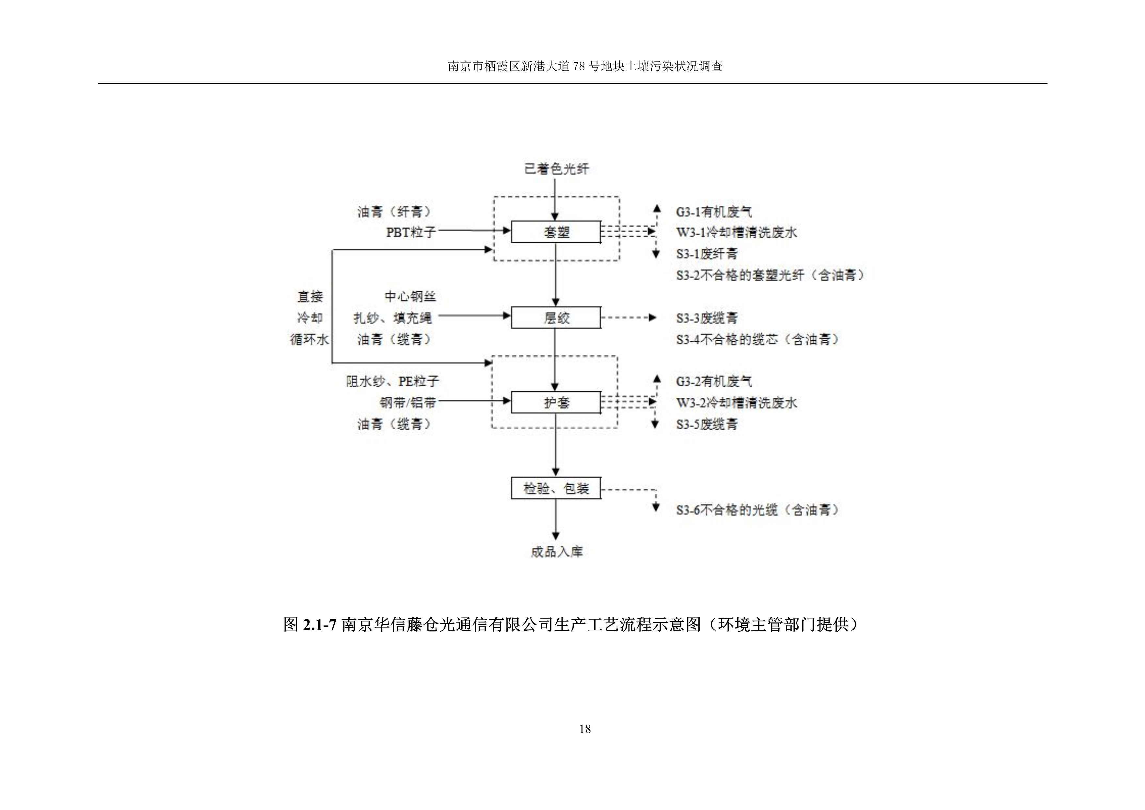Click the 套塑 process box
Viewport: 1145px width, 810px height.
click(x=556, y=232)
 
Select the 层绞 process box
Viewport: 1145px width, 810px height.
click(x=556, y=317)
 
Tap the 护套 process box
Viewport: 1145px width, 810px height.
click(x=556, y=402)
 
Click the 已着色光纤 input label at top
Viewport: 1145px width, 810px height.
click(x=556, y=169)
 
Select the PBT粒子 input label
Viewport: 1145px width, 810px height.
click(x=411, y=232)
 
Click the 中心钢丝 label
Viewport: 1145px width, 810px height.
click(x=410, y=296)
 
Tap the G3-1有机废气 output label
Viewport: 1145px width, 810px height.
click(x=714, y=212)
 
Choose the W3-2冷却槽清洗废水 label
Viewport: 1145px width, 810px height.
click(x=737, y=402)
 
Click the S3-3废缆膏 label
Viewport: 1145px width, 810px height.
click(x=707, y=318)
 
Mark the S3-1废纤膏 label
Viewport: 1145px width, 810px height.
click(x=707, y=253)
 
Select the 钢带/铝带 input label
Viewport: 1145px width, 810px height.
click(x=408, y=402)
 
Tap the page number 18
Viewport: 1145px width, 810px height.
click(x=585, y=729)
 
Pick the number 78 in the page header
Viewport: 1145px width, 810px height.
click(x=579, y=66)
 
